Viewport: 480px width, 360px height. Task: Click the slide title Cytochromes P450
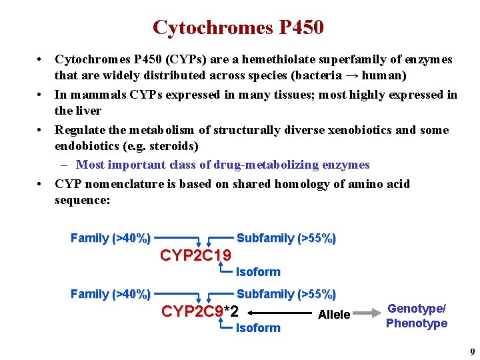[238, 27]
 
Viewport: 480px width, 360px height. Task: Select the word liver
[88, 110]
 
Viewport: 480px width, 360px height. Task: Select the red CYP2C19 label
[196, 255]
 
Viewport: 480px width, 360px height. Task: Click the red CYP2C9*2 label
[200, 311]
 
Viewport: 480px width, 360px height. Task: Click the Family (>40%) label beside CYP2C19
[110, 238]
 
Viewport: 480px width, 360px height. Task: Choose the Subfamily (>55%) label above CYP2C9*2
[286, 294]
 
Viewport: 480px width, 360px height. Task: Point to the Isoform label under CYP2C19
[258, 272]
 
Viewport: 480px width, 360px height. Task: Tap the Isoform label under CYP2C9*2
[258, 328]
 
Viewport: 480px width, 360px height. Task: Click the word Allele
[334, 315]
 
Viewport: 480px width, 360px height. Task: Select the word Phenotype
[417, 323]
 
